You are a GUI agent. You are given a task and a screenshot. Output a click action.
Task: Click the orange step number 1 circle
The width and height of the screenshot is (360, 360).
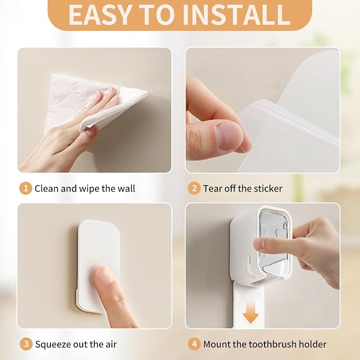coord(25,189)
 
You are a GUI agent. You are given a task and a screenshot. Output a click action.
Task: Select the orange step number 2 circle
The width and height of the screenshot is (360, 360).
coord(194,189)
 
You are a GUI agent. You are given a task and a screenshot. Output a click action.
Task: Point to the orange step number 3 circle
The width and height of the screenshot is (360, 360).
coord(26,345)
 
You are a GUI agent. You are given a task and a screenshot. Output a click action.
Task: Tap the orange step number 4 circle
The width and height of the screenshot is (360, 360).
coord(194,345)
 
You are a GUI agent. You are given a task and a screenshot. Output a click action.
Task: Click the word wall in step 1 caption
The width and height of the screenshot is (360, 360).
coord(126,189)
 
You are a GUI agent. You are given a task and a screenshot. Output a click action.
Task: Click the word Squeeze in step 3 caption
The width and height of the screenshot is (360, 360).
coord(53,345)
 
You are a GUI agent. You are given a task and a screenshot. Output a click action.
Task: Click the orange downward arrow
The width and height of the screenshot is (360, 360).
coord(251,313)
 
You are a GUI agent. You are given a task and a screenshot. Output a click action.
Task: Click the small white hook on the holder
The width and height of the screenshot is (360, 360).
coord(249,266)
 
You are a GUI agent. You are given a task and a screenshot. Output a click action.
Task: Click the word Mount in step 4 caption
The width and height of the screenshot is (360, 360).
coord(216,345)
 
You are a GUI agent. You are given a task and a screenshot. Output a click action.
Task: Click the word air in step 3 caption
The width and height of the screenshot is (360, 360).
coord(111,345)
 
